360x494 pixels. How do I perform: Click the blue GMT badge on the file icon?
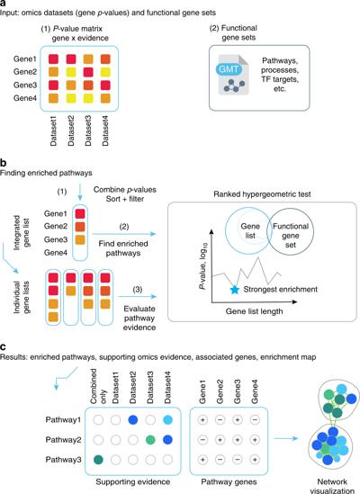229,69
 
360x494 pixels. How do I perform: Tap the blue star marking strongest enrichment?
234,290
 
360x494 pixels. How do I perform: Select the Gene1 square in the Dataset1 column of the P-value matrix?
53,58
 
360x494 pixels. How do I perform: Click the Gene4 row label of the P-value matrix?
25,98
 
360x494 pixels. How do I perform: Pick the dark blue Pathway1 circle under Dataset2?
133,419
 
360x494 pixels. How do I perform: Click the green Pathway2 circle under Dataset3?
150,439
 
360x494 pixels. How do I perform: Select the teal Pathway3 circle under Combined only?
99,460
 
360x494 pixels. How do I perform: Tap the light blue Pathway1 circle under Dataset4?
167,419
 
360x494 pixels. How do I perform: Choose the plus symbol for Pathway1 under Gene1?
202,419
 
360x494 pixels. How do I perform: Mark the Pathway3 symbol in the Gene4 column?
255,460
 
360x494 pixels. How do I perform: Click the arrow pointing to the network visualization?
285,438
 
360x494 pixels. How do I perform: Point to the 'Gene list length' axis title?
254,311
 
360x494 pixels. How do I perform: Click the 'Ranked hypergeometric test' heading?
262,194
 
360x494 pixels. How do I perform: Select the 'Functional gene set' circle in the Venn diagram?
291,231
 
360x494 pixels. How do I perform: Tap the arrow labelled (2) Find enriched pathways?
124,234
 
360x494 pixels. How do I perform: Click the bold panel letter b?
4,163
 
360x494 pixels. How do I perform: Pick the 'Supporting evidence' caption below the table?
132,481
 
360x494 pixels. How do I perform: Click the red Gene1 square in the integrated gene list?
80,213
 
